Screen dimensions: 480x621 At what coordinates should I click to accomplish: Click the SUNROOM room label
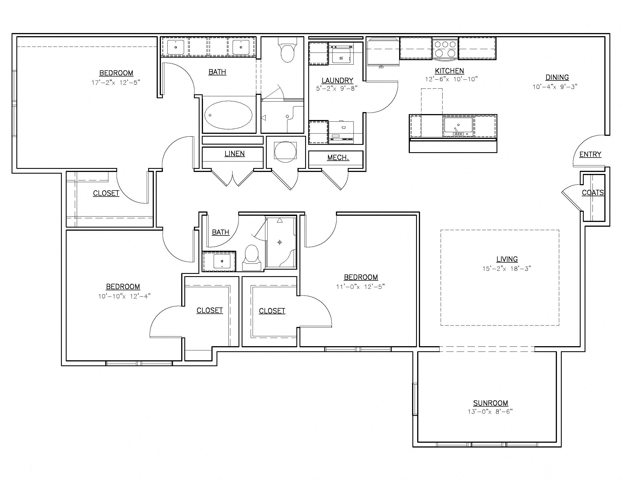pyautogui.click(x=491, y=403)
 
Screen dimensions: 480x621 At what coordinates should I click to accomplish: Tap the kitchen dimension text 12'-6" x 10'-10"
pyautogui.click(x=451, y=79)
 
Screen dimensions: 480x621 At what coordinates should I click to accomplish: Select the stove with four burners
pyautogui.click(x=445, y=49)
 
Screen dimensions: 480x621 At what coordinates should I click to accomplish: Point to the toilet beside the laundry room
pyautogui.click(x=287, y=51)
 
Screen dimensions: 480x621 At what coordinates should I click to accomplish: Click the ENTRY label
pyautogui.click(x=590, y=154)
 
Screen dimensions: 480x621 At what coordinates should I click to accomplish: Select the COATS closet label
pyautogui.click(x=592, y=193)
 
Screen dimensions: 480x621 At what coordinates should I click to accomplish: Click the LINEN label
pyautogui.click(x=235, y=154)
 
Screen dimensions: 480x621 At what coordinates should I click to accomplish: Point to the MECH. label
pyautogui.click(x=338, y=158)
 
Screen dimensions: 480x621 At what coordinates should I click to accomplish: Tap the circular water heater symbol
pyautogui.click(x=285, y=152)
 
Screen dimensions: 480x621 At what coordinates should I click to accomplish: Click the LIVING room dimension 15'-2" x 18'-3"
pyautogui.click(x=507, y=269)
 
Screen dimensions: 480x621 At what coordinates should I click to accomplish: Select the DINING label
pyautogui.click(x=557, y=77)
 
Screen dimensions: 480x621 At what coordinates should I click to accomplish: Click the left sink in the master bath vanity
pyautogui.click(x=176, y=47)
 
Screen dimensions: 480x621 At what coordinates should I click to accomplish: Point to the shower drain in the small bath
pyautogui.click(x=279, y=242)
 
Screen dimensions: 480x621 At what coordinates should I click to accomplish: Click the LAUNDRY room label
pyautogui.click(x=337, y=80)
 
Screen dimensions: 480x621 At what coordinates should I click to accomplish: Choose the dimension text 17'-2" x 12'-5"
pyautogui.click(x=116, y=83)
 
